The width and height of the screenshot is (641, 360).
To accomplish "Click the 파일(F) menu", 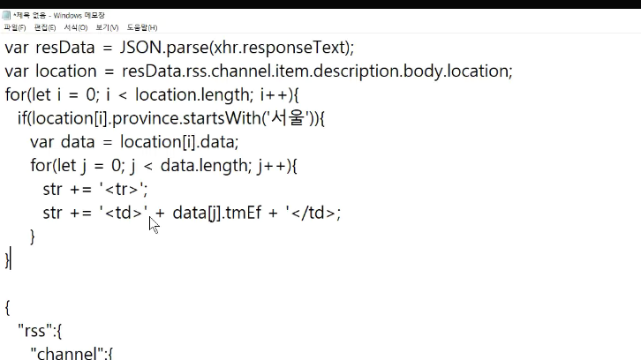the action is pos(15,28).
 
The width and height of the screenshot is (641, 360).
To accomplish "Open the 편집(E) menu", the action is pos(46,28).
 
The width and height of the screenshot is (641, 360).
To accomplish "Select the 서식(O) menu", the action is pos(76,28).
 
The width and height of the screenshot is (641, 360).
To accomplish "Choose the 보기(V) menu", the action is pos(107,28).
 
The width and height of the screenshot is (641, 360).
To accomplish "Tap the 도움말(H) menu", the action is pos(142,28).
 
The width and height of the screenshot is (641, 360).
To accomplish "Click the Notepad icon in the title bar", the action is pos(6,15).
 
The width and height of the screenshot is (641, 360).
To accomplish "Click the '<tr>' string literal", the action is pos(124,188).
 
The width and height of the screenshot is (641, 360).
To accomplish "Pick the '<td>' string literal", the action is pos(124,212).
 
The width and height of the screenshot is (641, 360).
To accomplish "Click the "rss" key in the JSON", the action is pos(36,331).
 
